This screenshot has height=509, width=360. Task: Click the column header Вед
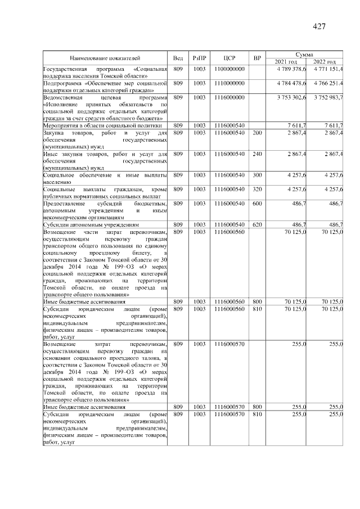click(x=178, y=58)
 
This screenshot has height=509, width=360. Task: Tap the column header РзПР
click(x=200, y=58)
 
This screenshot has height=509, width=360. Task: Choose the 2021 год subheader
click(x=285, y=61)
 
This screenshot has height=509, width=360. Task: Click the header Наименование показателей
click(x=105, y=58)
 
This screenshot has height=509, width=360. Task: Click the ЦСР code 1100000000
click(x=229, y=69)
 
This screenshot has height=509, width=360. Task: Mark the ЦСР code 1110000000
click(x=229, y=83)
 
